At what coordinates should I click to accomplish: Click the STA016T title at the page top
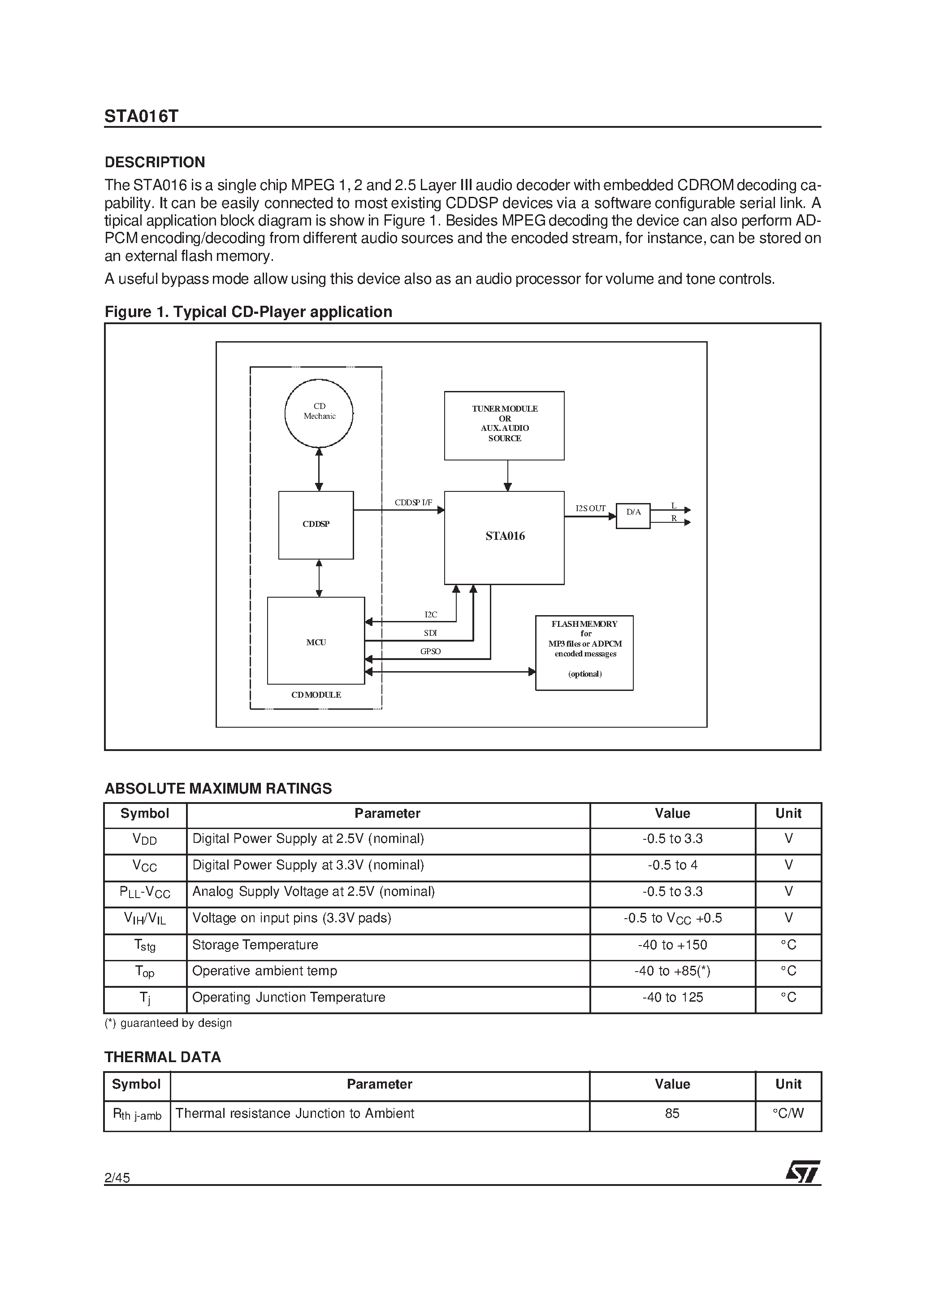click(x=141, y=117)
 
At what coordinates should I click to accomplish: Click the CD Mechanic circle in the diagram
click(x=319, y=413)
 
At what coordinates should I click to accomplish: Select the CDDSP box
click(x=316, y=525)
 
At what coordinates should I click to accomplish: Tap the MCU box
click(x=316, y=641)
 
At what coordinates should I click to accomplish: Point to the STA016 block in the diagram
click(x=504, y=537)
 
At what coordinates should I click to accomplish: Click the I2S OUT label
click(x=590, y=508)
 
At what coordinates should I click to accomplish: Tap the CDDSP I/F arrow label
click(x=413, y=503)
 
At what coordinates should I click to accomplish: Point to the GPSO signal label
click(x=430, y=651)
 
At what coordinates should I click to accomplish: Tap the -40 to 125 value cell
click(x=672, y=998)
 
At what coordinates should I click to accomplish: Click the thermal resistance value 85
click(x=672, y=1113)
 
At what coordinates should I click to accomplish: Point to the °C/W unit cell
click(x=788, y=1113)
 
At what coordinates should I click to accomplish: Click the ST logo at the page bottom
click(x=803, y=1171)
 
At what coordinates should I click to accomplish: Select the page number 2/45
click(x=117, y=1177)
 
